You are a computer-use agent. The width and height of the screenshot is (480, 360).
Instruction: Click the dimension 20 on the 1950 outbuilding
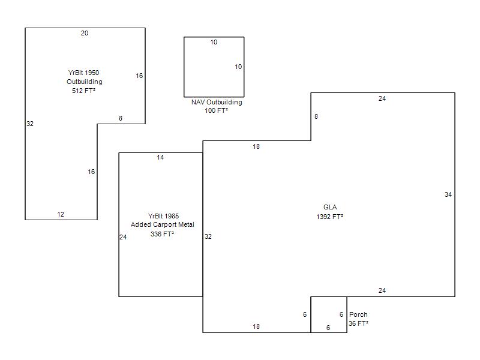(x=85, y=33)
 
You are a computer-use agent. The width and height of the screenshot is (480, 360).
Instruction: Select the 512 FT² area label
(x=83, y=91)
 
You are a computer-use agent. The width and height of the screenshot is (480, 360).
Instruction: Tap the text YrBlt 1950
(x=83, y=73)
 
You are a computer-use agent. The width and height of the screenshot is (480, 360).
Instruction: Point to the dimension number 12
(x=61, y=214)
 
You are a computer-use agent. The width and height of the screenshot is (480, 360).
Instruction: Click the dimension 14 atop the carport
(x=160, y=157)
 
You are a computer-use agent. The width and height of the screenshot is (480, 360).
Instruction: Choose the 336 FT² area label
(x=162, y=234)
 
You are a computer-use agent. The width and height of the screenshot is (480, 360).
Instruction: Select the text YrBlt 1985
(x=163, y=216)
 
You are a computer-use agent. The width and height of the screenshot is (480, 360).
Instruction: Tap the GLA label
(x=330, y=207)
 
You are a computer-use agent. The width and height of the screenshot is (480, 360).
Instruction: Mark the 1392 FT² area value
(x=329, y=217)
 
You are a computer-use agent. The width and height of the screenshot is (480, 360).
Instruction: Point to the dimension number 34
(x=448, y=194)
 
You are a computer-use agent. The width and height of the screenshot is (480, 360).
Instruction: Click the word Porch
(x=358, y=314)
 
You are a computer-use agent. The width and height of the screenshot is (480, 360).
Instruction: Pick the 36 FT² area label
(x=358, y=323)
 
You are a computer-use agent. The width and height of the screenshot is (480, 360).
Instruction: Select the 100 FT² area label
(x=217, y=110)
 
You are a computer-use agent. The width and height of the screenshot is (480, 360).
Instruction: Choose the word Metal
(x=186, y=224)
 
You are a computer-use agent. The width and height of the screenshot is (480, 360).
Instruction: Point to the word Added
(x=139, y=224)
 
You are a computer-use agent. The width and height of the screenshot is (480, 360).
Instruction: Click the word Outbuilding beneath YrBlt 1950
(x=85, y=82)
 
